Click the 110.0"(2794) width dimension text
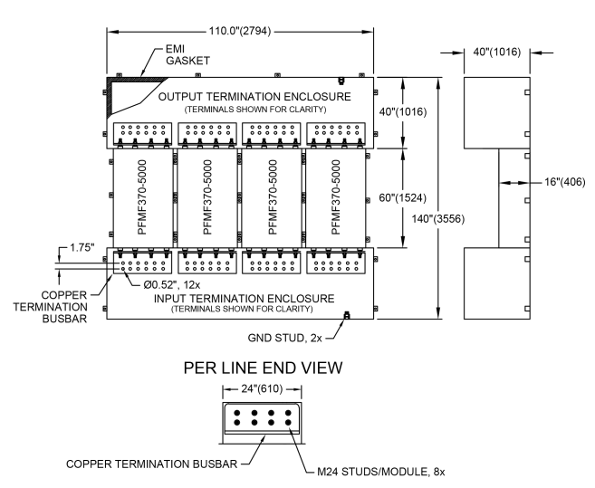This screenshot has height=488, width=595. (x=240, y=31)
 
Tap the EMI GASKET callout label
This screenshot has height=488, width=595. (x=187, y=54)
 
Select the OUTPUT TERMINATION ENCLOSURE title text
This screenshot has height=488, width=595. (x=254, y=97)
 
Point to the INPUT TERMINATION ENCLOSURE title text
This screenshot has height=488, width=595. (x=244, y=299)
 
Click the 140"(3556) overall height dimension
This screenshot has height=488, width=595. (x=438, y=219)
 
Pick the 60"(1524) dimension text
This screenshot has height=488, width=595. (x=403, y=197)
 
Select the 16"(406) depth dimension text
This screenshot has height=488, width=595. (x=565, y=182)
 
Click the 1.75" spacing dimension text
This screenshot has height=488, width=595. (x=82, y=248)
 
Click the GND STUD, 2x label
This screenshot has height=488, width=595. (x=284, y=338)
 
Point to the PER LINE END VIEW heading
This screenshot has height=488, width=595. (x=263, y=368)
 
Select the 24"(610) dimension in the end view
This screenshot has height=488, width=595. (x=263, y=389)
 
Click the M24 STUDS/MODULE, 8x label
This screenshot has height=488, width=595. (x=381, y=472)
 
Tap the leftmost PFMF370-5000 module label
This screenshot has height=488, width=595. (x=142, y=197)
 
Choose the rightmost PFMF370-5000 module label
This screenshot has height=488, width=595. (x=336, y=197)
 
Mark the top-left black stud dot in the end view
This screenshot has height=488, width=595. (x=236, y=413)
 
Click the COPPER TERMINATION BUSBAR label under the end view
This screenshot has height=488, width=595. (x=151, y=464)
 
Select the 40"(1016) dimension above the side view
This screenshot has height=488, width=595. (x=496, y=52)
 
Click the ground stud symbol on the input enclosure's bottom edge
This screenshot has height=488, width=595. (x=346, y=315)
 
